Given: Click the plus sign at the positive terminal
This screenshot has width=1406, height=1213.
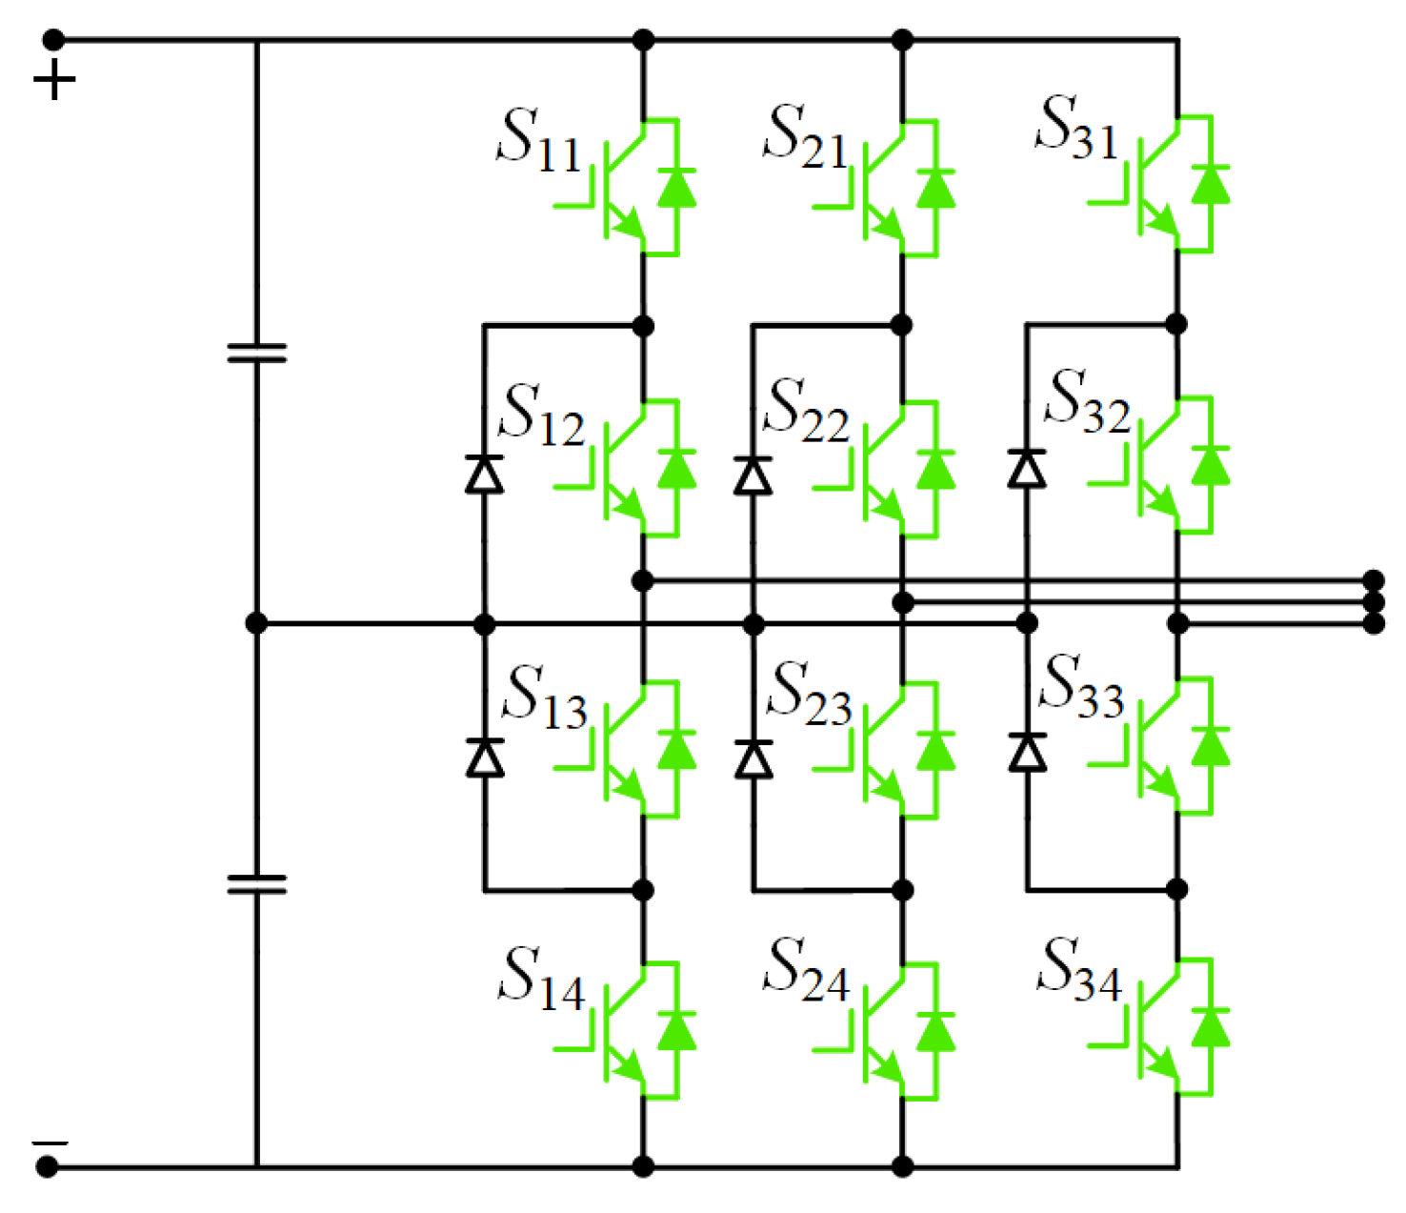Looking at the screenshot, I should point(54,80).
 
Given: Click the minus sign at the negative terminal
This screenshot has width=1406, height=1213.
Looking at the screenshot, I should point(50,1142).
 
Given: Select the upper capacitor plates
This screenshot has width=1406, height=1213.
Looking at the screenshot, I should point(256,354).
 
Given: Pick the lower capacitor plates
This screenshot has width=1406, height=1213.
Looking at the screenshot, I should point(256,884).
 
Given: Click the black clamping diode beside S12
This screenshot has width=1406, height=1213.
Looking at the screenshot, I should point(484,474).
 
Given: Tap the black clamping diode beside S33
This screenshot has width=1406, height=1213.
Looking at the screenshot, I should point(1027,752).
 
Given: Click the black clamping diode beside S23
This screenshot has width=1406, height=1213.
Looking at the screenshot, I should point(753,758).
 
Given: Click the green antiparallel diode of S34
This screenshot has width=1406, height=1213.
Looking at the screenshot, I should point(1211,1027).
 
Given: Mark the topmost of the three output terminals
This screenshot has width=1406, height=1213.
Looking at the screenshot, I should point(1373,580).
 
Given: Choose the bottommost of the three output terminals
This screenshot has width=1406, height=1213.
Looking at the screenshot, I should point(1373,624).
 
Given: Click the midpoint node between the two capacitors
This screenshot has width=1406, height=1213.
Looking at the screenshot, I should point(256,623).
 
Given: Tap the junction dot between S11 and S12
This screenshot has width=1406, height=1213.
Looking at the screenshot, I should point(643,327).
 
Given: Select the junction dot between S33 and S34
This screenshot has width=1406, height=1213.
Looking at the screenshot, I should point(1176,889).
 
